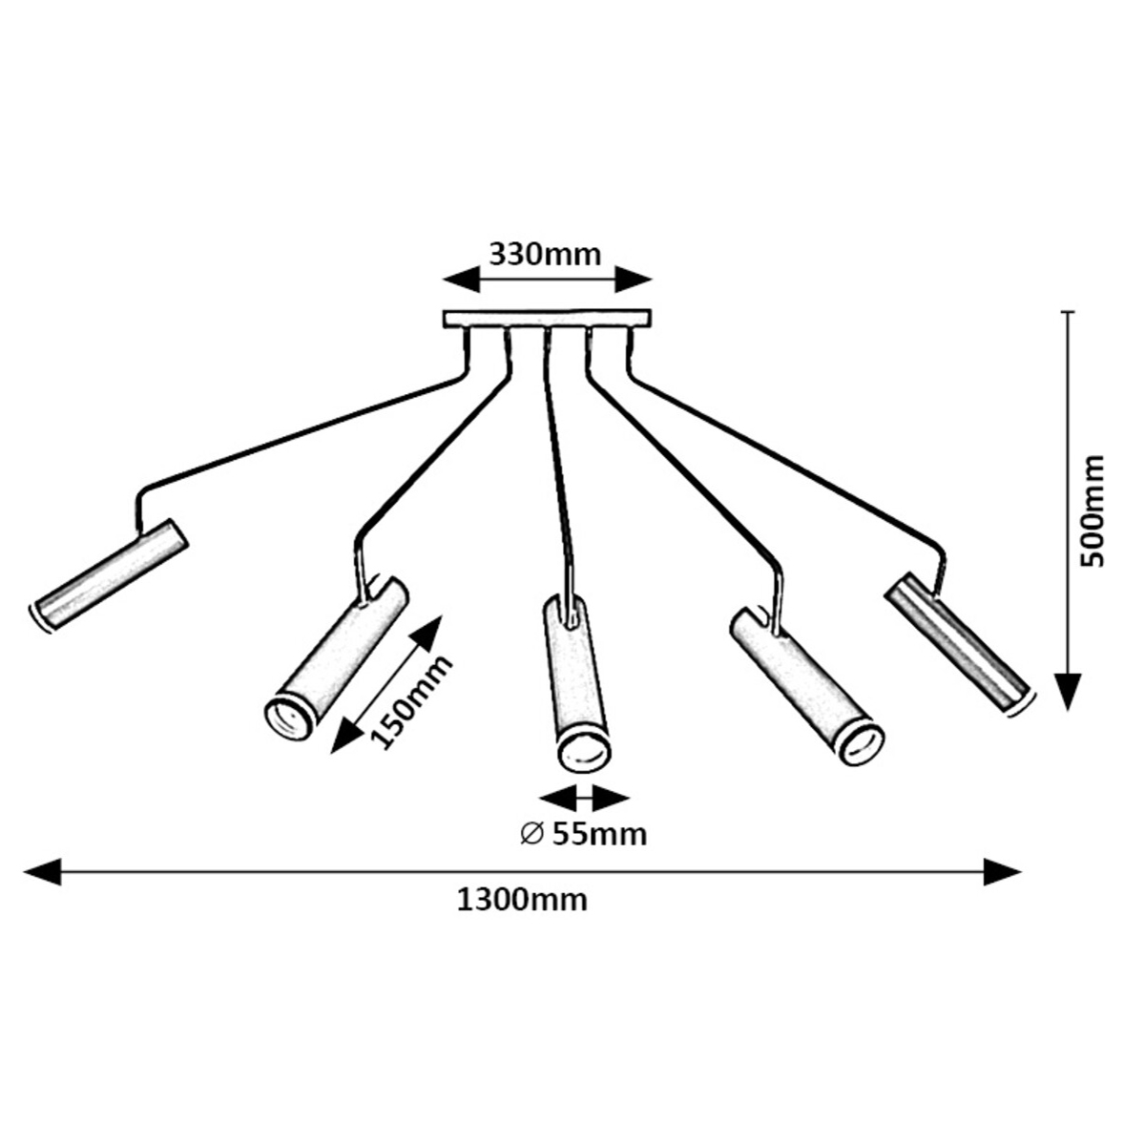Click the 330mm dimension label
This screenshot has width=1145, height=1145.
coord(545,255)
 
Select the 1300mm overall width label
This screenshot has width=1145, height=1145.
coord(522,899)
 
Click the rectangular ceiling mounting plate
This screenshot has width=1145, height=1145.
coord(547,319)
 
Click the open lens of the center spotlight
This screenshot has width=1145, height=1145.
coord(584,748)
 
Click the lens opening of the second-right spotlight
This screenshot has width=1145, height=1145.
coord(861,744)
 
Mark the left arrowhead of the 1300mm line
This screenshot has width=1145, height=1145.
coord(42,870)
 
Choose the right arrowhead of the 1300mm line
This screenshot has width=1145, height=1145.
coord(1002,870)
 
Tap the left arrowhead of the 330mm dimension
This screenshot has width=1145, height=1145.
coord(461,280)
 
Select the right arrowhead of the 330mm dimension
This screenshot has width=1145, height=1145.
coord(633,280)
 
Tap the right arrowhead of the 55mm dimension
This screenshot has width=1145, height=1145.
coord(612,798)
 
